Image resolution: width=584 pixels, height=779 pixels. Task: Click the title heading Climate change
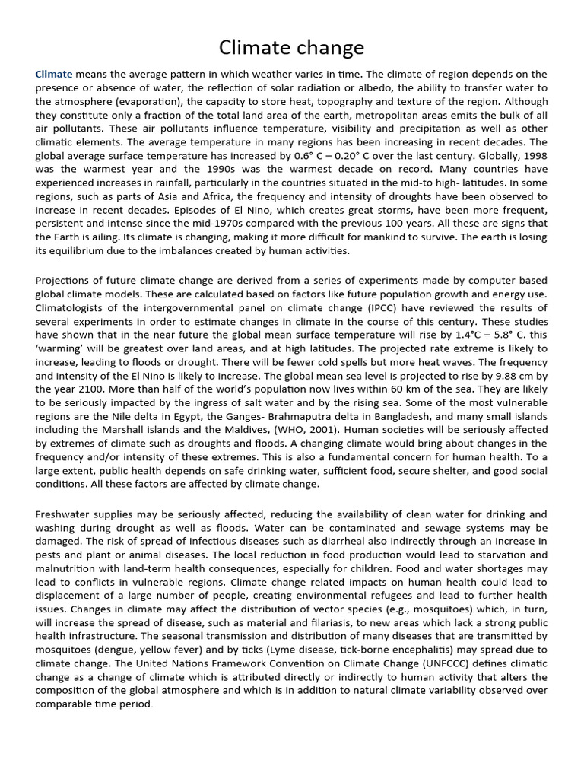point(291,48)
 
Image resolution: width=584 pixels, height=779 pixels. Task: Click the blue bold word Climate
point(54,74)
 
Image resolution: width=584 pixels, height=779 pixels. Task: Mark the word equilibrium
point(83,252)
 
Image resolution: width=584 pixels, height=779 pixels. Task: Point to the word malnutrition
point(71,568)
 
